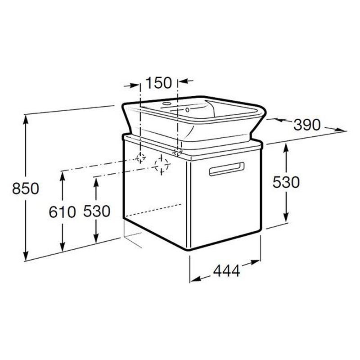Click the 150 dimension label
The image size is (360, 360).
click(159, 83)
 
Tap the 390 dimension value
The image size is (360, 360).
click(307, 125)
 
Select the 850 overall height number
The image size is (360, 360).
click(26, 188)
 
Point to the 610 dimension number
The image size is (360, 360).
click(62, 211)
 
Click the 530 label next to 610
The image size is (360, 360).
click(97, 211)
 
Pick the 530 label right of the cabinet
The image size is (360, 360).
click(286, 182)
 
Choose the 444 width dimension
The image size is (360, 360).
click(227, 271)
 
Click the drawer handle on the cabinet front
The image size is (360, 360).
click(227, 169)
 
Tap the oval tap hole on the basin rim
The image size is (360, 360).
click(167, 103)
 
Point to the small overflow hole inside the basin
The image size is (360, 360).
click(187, 110)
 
